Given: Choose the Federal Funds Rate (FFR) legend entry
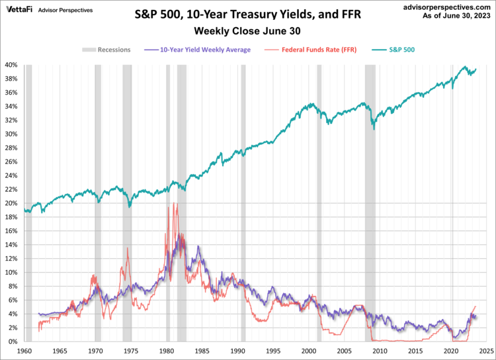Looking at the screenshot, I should (x=314, y=49).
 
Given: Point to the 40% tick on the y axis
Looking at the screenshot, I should (x=12, y=65).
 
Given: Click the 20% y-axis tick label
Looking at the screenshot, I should (x=12, y=203).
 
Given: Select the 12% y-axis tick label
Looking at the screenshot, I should (x=12, y=259).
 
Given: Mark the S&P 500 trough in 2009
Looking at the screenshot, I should (x=374, y=129).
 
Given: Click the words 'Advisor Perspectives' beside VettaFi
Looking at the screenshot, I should (x=65, y=11).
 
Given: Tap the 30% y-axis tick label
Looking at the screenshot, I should (x=12, y=134).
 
